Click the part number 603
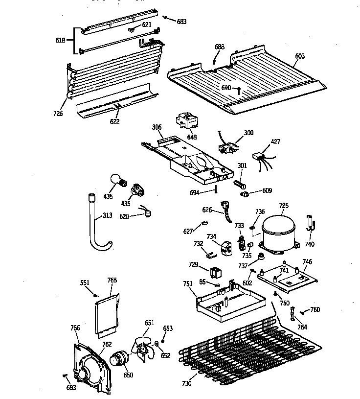299,56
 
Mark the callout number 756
75,328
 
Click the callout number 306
157,127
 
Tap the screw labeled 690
239,91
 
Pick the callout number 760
315,309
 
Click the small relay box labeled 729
215,272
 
